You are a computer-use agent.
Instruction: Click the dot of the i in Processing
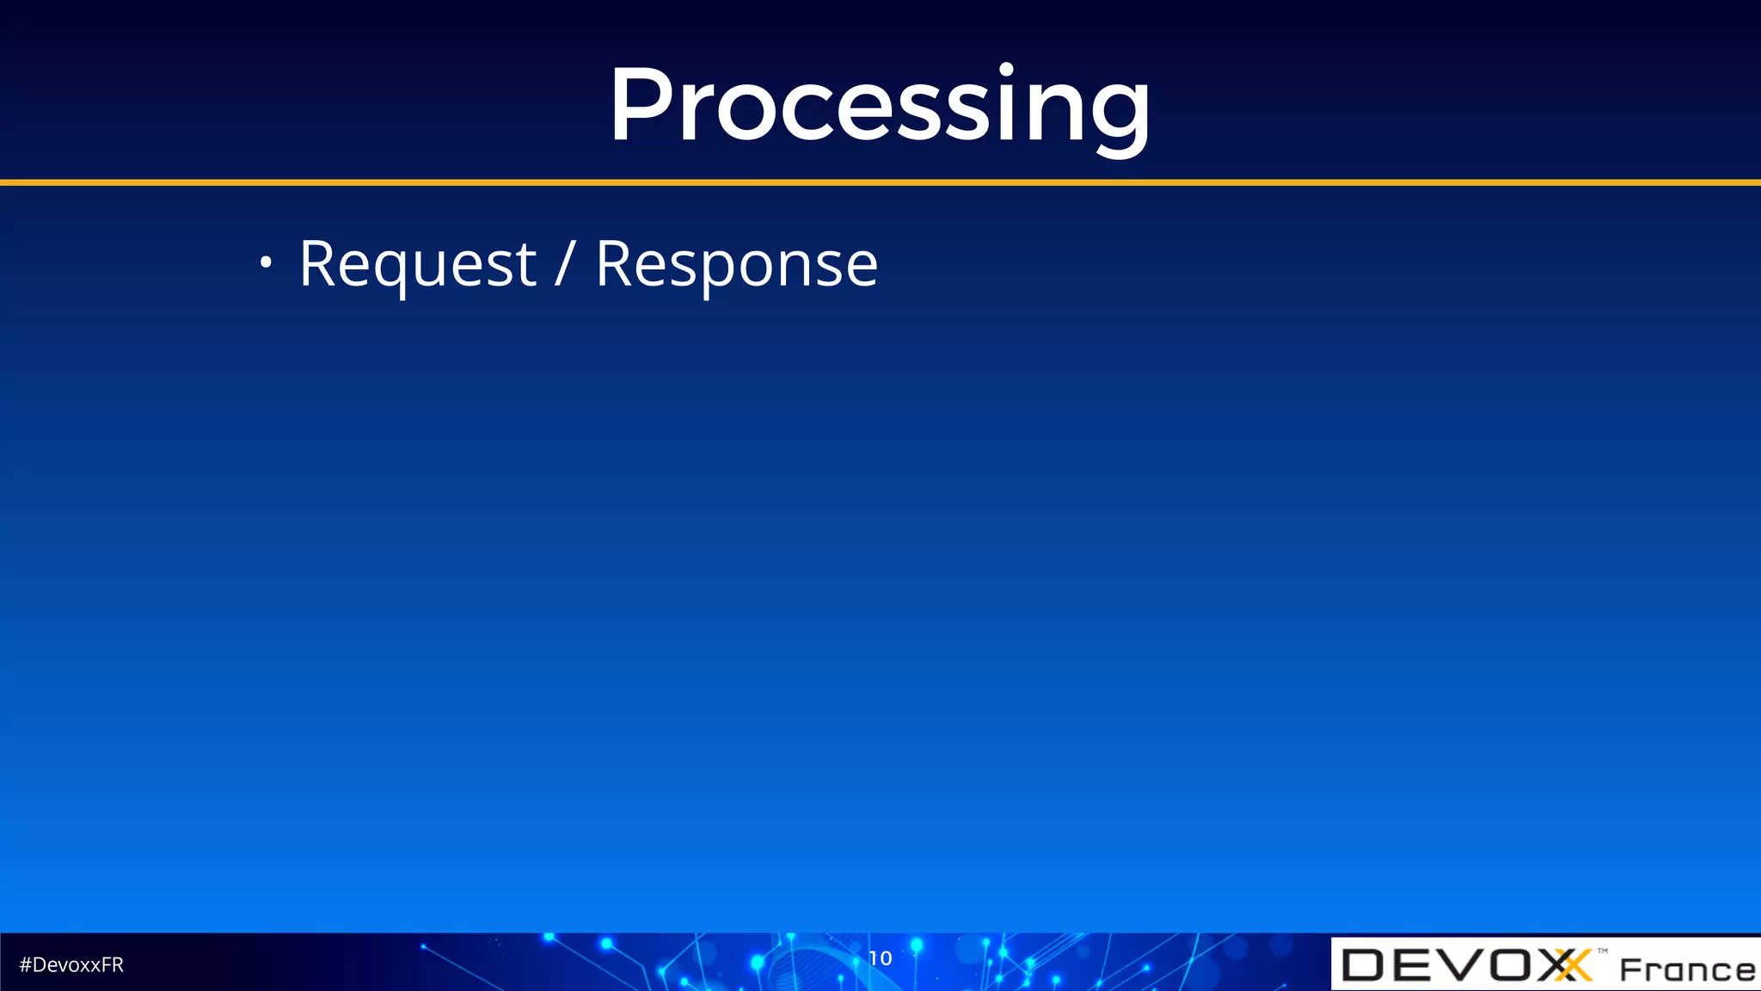1006,69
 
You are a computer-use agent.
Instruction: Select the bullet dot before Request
266,262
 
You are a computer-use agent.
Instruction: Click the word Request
417,264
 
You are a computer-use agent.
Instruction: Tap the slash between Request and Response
564,264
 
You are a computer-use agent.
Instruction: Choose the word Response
736,264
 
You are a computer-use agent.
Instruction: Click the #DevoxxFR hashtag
71,964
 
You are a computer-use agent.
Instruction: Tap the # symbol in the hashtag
25,964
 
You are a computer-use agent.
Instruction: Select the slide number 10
880,957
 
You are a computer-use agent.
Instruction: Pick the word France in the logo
1686,969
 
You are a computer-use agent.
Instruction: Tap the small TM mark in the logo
1603,951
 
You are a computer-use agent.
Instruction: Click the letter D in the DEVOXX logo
1363,965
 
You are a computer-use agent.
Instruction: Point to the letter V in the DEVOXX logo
1459,965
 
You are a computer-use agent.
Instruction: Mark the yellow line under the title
880,182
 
